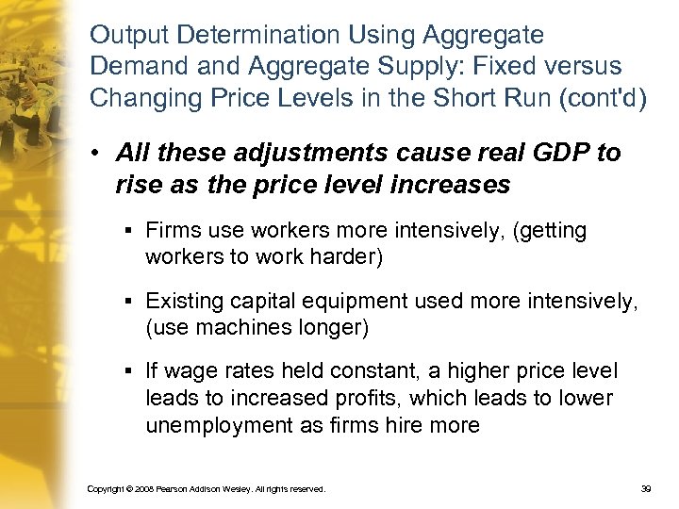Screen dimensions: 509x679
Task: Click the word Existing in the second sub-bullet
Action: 180,303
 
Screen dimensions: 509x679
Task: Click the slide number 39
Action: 646,489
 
